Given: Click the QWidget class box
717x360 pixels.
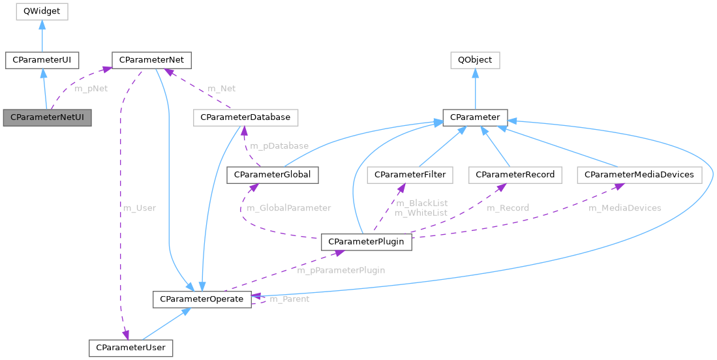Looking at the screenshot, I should click(x=42, y=11).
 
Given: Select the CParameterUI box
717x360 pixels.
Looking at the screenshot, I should click(x=42, y=61).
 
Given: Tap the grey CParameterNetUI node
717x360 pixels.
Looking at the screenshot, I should click(x=47, y=118).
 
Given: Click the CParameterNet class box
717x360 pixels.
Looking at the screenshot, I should click(x=151, y=61).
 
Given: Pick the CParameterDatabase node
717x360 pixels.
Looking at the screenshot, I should click(x=246, y=118).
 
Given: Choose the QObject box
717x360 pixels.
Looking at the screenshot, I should click(x=475, y=61).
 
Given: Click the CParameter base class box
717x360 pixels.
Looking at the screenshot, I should click(x=475, y=118).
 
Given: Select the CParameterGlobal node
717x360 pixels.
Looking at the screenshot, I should click(x=272, y=175).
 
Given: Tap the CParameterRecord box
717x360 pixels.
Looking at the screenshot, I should click(x=515, y=175).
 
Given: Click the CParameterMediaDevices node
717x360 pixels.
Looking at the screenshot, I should click(x=639, y=175).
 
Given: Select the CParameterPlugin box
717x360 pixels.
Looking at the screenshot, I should click(x=367, y=242).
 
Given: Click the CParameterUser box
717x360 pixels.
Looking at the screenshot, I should click(x=131, y=348).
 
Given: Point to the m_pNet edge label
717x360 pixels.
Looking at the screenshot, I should click(x=91, y=89).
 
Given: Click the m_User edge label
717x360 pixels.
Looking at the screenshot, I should click(x=140, y=208).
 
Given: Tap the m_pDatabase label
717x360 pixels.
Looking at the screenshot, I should click(x=279, y=145).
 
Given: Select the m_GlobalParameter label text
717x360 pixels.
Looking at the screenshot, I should click(x=288, y=208).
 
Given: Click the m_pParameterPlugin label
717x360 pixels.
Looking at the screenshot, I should click(x=341, y=270).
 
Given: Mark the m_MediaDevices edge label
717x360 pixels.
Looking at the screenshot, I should click(x=624, y=208).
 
